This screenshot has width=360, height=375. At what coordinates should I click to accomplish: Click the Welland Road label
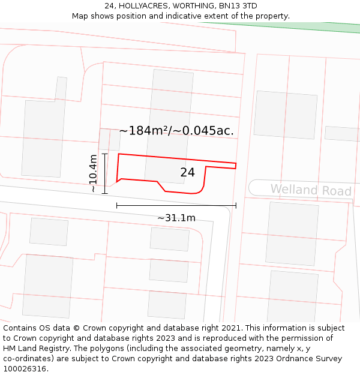pyautogui.click(x=310, y=190)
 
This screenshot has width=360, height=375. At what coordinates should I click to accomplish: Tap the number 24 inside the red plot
pyautogui.click(x=187, y=173)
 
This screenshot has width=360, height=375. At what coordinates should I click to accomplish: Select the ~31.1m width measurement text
pyautogui.click(x=176, y=218)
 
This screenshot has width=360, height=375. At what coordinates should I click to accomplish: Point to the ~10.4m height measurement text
pyautogui.click(x=93, y=173)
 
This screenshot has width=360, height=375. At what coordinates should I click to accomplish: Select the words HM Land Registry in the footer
pyautogui.click(x=36, y=349)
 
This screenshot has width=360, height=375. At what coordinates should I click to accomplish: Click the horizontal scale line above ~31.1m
pyautogui.click(x=176, y=205)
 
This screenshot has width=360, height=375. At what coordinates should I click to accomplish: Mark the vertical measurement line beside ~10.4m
pyautogui.click(x=105, y=173)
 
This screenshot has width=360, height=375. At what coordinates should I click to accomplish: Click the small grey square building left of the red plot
pyautogui.click(x=109, y=139)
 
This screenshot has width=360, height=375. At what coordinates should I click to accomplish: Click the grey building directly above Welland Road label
pyautogui.click(x=285, y=115)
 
